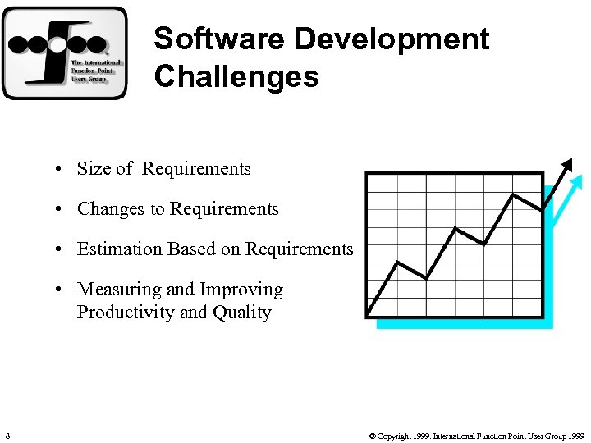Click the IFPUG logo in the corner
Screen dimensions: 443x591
pyautogui.click(x=64, y=53)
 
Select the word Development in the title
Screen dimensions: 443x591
pyautogui.click(x=392, y=39)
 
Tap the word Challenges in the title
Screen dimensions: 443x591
pyautogui.click(x=236, y=76)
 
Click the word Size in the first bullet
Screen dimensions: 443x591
pyautogui.click(x=94, y=169)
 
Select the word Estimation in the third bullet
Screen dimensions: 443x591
pyautogui.click(x=117, y=249)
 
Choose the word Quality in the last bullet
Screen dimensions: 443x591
pyautogui.click(x=242, y=313)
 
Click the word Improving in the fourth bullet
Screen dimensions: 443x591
pyautogui.click(x=245, y=290)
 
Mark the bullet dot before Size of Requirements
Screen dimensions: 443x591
pyautogui.click(x=61, y=170)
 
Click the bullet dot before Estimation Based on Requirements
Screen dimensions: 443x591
pyautogui.click(x=61, y=250)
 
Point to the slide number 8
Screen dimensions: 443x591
pyautogui.click(x=7, y=435)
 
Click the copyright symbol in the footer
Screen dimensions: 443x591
pyautogui.click(x=373, y=436)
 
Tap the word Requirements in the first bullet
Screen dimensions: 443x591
pyautogui.click(x=196, y=169)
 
